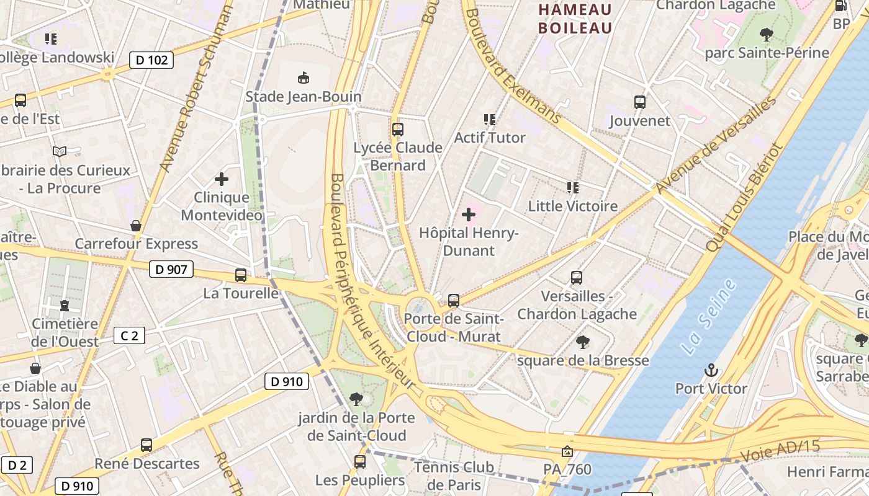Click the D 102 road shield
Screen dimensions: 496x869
point(151,60)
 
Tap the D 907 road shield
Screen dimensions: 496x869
point(171,269)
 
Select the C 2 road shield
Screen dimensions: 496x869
point(129,336)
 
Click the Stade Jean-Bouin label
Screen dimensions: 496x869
point(304,97)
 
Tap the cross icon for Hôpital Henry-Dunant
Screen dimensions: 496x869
point(469,215)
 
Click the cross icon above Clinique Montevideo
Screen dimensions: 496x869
point(222,180)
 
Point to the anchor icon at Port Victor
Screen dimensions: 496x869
point(711,371)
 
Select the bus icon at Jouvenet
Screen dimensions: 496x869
point(640,102)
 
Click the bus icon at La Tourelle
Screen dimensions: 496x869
point(241,275)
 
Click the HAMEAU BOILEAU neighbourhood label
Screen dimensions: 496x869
point(575,19)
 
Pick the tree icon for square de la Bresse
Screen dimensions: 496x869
point(582,342)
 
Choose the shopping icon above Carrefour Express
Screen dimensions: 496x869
point(136,226)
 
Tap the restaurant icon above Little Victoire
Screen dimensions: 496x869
point(572,187)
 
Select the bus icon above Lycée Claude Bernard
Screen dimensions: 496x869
point(398,130)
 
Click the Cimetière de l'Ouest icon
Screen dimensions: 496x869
point(65,306)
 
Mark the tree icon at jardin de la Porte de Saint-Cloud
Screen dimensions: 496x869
point(356,399)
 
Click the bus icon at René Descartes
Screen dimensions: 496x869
point(146,445)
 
